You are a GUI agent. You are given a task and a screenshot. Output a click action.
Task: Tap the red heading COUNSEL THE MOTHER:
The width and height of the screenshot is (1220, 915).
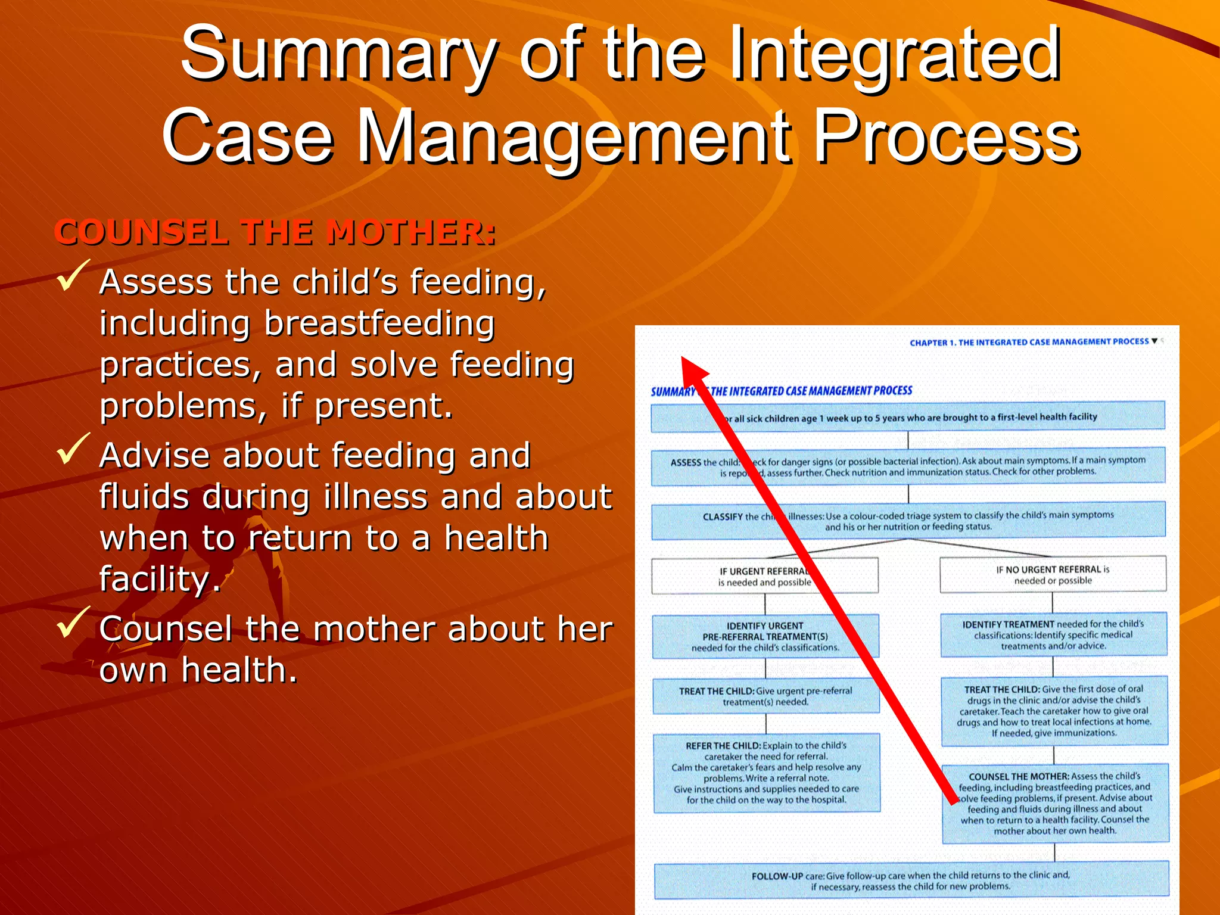(x=275, y=232)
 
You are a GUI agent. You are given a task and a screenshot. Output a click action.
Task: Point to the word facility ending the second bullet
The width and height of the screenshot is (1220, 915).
(x=160, y=579)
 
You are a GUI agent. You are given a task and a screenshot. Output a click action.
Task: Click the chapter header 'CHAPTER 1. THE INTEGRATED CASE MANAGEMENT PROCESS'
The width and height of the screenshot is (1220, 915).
(x=1029, y=342)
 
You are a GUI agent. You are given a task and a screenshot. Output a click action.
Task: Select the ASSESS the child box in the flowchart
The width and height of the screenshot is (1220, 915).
(x=907, y=466)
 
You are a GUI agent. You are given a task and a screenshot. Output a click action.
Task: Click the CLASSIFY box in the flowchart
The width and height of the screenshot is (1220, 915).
(x=907, y=521)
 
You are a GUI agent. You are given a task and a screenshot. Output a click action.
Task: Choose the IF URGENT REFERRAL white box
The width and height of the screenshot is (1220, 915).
(x=764, y=576)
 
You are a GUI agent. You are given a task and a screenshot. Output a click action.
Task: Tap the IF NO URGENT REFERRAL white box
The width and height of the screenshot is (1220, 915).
(x=1053, y=575)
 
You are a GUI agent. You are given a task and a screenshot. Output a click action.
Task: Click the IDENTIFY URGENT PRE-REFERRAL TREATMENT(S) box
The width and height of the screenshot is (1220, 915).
(x=765, y=636)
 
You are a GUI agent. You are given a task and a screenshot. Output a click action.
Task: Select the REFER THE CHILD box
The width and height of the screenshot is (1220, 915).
(x=766, y=773)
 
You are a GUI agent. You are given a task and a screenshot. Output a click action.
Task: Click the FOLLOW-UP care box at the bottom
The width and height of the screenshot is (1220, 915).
(x=911, y=880)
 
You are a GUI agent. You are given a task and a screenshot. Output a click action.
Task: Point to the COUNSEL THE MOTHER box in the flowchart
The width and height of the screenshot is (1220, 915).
(x=1055, y=803)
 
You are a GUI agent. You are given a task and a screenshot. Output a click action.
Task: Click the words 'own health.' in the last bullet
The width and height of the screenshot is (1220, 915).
(x=198, y=670)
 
